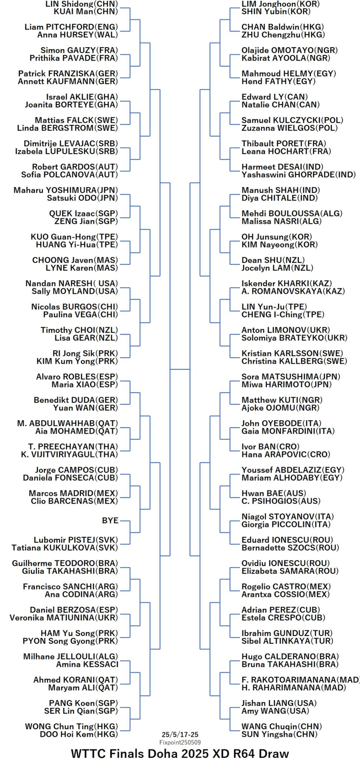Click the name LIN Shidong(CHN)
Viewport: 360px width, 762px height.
[82, 4]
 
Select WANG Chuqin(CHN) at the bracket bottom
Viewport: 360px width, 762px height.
[281, 726]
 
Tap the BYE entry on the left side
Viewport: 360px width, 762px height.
[110, 520]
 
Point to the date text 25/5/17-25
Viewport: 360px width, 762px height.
[180, 734]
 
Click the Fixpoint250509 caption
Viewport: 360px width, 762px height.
[180, 742]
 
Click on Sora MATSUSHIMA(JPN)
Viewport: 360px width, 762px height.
[291, 376]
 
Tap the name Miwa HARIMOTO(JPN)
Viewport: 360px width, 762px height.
[286, 384]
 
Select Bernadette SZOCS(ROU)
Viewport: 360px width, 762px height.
[290, 548]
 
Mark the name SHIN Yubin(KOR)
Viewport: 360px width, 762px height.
[276, 12]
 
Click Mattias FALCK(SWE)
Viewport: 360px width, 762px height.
[76, 120]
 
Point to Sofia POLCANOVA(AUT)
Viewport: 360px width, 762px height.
[70, 175]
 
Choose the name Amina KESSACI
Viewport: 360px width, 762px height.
[87, 664]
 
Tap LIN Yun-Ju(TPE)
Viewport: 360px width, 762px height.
[274, 306]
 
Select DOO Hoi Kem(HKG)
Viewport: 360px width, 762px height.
[79, 734]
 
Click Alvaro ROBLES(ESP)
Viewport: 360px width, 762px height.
[77, 376]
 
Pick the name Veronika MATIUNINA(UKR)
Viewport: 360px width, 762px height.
[64, 617]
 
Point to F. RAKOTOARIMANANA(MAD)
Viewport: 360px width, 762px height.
[300, 679]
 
